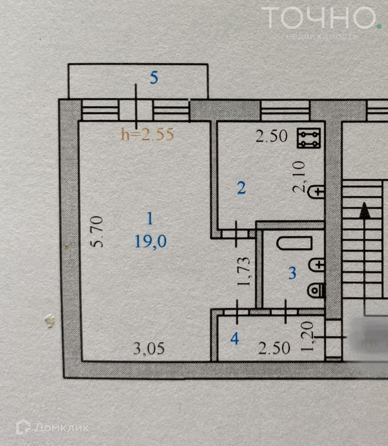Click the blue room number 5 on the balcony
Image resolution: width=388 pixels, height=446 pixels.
tap(154, 78)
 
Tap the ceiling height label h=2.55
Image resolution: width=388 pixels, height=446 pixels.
tap(147, 134)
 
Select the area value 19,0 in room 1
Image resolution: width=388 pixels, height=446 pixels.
tap(151, 241)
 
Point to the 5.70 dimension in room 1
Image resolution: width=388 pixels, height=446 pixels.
tap(97, 232)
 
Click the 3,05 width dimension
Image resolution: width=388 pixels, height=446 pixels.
tap(149, 349)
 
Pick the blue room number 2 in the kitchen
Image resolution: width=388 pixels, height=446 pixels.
tap(241, 188)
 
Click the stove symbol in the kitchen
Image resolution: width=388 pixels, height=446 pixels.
tap(309, 138)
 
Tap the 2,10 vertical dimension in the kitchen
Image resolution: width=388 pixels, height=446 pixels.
tap(299, 177)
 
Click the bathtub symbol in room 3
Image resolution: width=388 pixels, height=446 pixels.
tap(294, 243)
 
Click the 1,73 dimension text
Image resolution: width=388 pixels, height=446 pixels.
tap(243, 271)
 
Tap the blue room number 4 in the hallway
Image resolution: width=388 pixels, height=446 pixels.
tap(234, 339)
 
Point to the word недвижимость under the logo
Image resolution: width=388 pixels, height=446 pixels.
tap(321, 36)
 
